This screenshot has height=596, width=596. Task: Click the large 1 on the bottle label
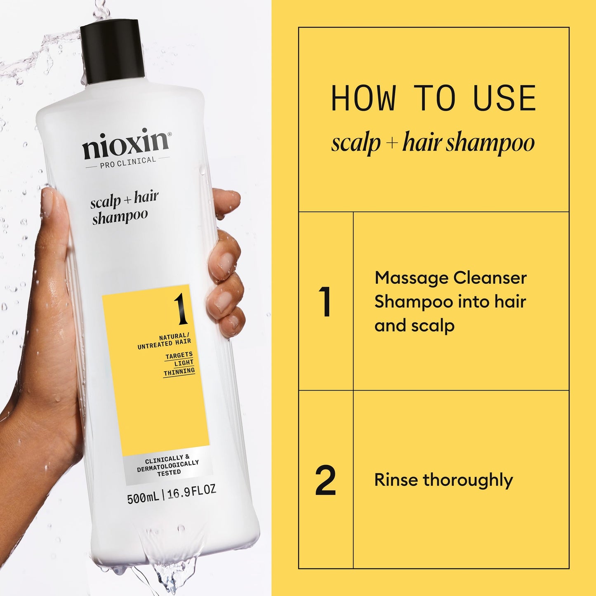click(180, 310)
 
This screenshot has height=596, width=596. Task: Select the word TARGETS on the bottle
click(179, 355)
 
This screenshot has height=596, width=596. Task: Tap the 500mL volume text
click(143, 498)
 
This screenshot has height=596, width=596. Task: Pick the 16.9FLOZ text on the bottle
click(191, 492)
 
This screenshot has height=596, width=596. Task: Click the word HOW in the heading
click(363, 99)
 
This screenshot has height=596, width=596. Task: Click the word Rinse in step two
click(396, 480)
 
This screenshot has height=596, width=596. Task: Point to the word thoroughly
click(468, 481)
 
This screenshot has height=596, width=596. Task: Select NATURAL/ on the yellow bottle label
click(174, 336)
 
